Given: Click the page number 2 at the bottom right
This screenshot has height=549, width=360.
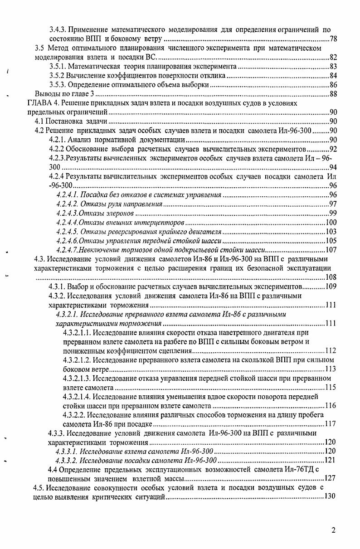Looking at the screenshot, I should point(333,530).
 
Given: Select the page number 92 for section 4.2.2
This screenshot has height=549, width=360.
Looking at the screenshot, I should point(333,149).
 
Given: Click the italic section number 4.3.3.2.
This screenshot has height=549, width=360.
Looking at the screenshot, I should point(67,460).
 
